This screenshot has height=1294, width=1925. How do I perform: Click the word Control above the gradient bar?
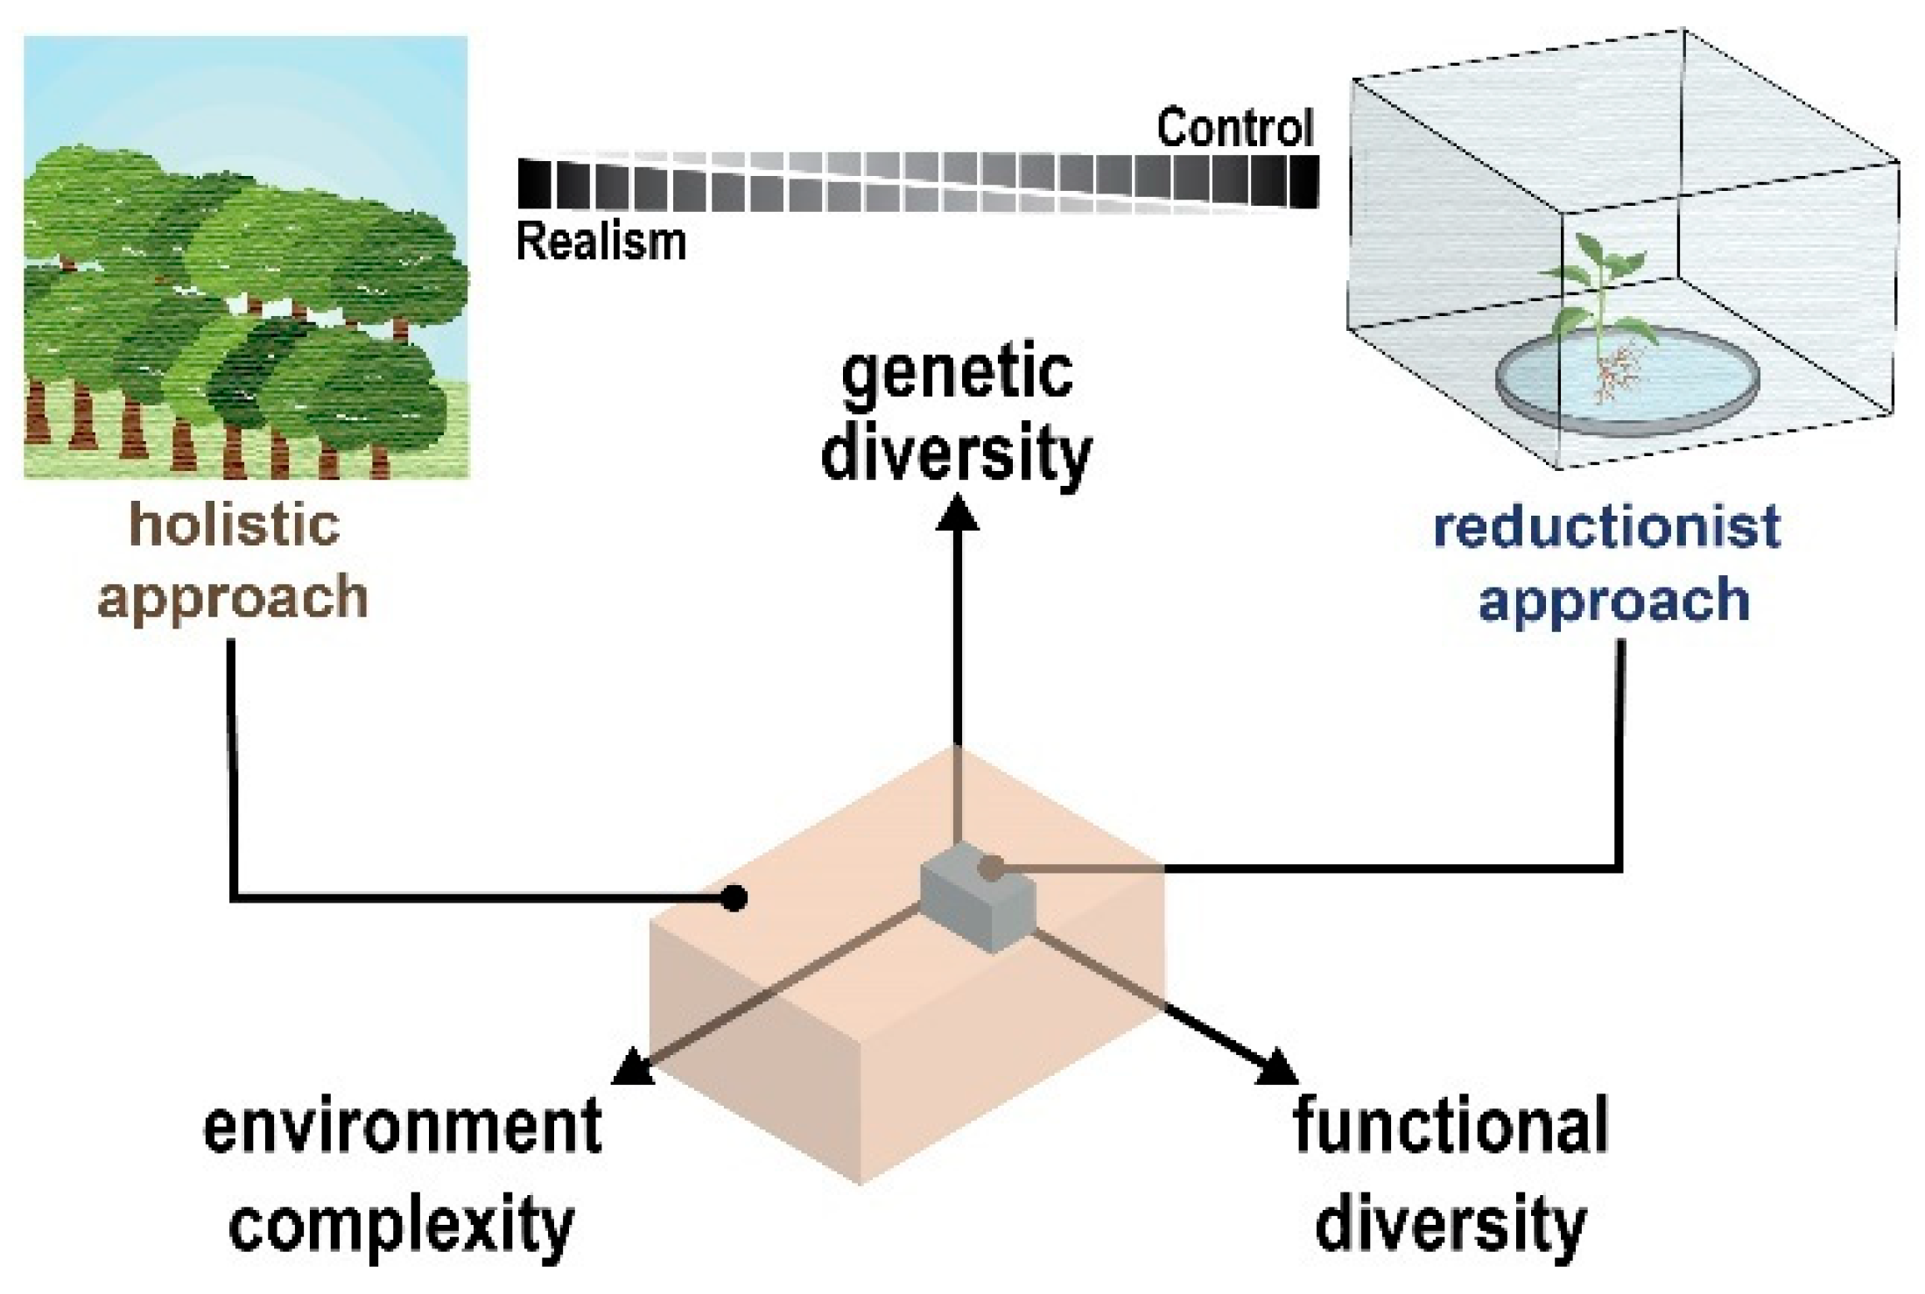[1234, 129]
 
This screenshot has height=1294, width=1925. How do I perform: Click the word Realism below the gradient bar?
[601, 242]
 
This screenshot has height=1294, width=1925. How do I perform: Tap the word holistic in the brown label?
[235, 525]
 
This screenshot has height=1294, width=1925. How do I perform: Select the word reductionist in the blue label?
[1606, 527]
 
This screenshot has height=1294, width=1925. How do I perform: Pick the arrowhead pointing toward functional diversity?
[1277, 1068]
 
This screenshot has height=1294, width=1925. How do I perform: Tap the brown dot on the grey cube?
[991, 869]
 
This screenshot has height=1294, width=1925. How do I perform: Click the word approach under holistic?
[233, 598]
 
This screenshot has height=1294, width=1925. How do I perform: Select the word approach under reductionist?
[1613, 601]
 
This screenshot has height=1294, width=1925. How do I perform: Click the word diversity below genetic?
[957, 453]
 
